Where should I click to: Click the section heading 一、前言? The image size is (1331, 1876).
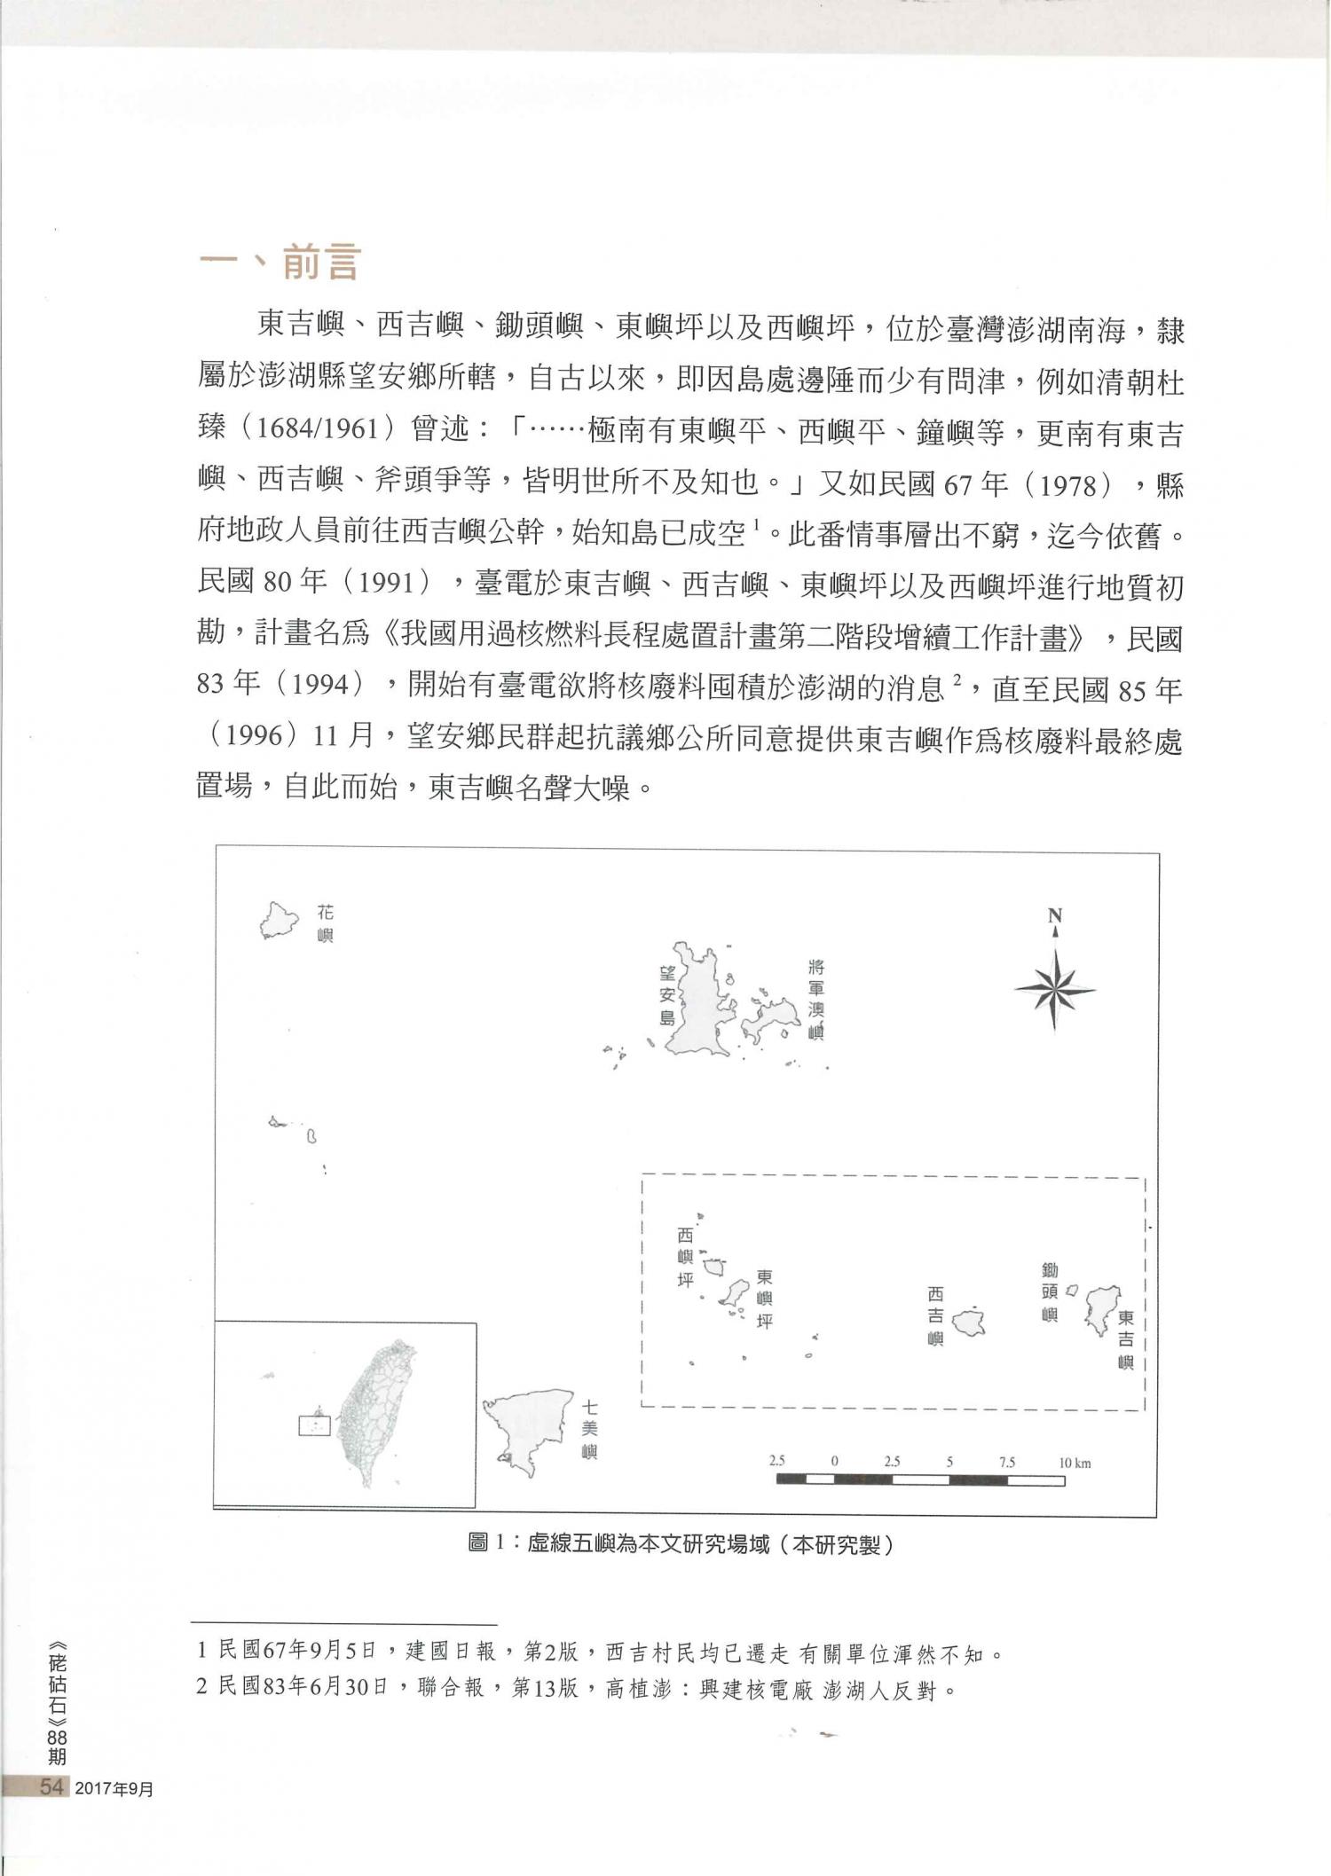click(x=280, y=263)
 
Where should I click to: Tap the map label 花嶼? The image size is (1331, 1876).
click(x=326, y=923)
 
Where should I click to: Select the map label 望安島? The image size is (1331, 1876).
click(x=667, y=995)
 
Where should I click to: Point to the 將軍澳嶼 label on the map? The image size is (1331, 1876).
click(x=816, y=999)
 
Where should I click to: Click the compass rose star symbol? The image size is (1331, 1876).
click(x=1054, y=990)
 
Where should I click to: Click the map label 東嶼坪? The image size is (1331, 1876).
click(x=764, y=1299)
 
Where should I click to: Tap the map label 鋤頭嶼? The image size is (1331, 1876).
click(x=1050, y=1292)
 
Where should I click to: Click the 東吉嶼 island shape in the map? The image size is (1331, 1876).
click(x=1101, y=1307)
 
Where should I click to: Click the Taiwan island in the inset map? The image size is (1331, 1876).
click(x=375, y=1411)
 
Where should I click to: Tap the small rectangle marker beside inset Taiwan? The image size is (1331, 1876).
click(x=314, y=1425)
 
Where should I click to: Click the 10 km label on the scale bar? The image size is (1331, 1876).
click(x=1075, y=1463)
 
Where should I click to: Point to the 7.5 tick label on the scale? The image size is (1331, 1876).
click(x=1006, y=1463)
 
